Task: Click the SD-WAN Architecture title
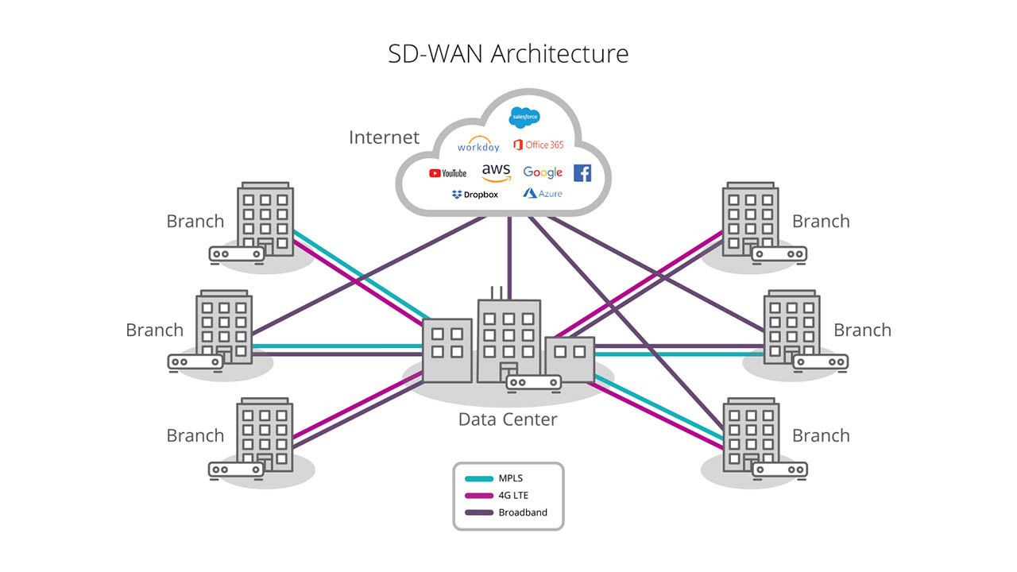point(508,53)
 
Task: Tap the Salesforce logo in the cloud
point(525,118)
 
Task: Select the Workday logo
point(478,146)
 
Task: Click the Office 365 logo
point(539,145)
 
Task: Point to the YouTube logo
point(447,172)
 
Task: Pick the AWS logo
point(496,172)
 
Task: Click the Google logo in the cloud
point(543,172)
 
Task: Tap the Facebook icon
point(582,172)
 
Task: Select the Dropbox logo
point(474,194)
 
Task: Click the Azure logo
point(543,193)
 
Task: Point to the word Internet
point(384,137)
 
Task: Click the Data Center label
point(508,419)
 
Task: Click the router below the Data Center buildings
point(534,383)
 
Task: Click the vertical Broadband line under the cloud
point(509,254)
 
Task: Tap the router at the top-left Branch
point(236,254)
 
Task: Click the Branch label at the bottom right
point(821,435)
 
